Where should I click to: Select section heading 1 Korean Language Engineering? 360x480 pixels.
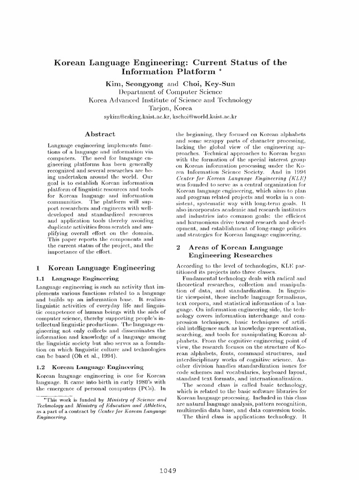coord(95,268)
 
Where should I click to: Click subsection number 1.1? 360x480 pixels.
coord(40,278)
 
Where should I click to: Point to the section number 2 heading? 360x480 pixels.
coord(178,247)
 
